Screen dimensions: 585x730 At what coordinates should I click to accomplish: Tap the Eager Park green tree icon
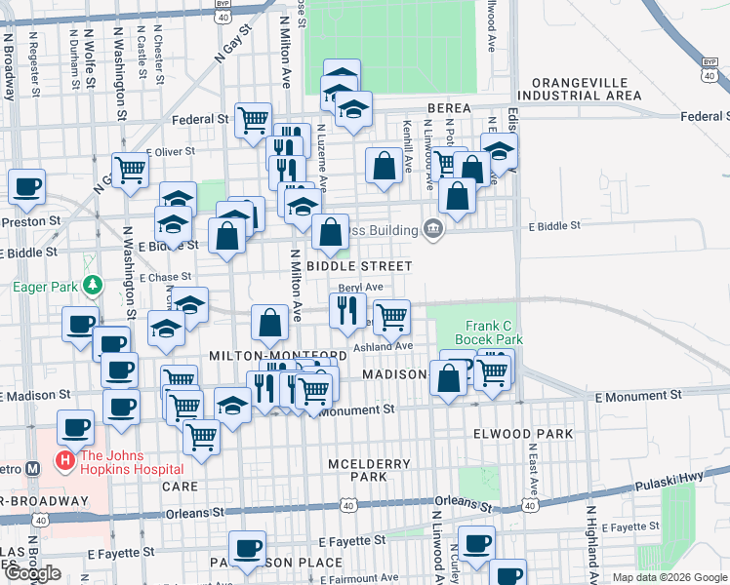click(x=92, y=286)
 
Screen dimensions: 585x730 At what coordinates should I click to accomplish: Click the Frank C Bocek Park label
click(x=494, y=332)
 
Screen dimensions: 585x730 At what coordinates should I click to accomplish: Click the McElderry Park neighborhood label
click(x=356, y=470)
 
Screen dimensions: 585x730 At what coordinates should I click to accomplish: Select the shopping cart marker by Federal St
click(x=253, y=119)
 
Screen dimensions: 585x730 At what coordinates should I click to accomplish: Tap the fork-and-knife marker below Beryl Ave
click(x=345, y=310)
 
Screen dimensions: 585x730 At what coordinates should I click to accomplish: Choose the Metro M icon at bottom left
click(x=33, y=467)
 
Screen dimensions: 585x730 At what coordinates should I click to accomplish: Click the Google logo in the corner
click(x=32, y=573)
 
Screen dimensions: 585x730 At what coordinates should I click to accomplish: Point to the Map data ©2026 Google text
click(x=669, y=577)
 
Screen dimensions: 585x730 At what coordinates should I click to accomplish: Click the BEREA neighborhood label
click(x=448, y=108)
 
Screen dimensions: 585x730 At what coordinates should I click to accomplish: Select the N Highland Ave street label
click(x=590, y=542)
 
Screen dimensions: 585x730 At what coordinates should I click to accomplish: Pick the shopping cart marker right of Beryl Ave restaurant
click(x=390, y=315)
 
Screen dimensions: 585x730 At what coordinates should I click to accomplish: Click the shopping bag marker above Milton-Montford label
click(x=268, y=323)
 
